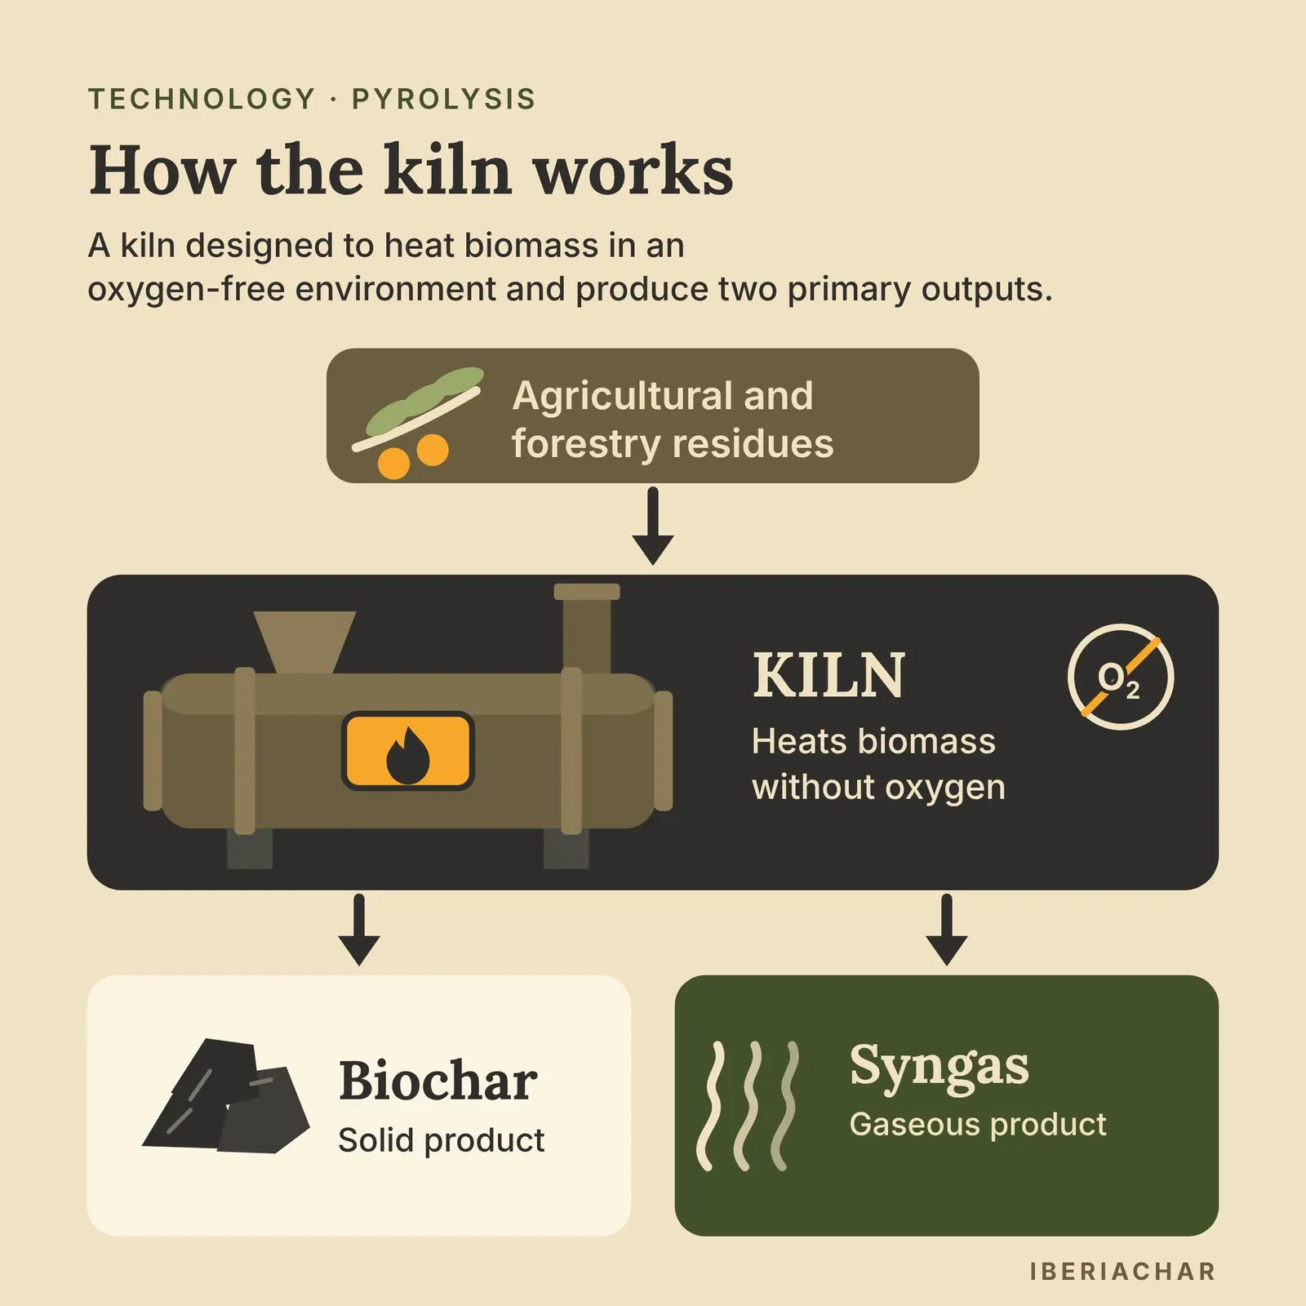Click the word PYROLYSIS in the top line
(x=443, y=99)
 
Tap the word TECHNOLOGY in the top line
(x=202, y=99)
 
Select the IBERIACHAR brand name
(x=1123, y=1271)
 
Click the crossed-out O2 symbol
(x=1120, y=677)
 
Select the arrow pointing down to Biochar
(x=359, y=930)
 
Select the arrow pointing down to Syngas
(x=947, y=930)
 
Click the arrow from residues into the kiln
(x=653, y=526)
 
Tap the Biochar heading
(x=438, y=1081)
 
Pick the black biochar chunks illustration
(x=226, y=1095)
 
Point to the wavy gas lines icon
(x=747, y=1105)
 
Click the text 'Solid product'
(x=441, y=1140)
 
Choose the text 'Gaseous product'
(x=978, y=1125)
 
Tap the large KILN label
(x=828, y=676)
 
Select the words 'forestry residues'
(x=673, y=444)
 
